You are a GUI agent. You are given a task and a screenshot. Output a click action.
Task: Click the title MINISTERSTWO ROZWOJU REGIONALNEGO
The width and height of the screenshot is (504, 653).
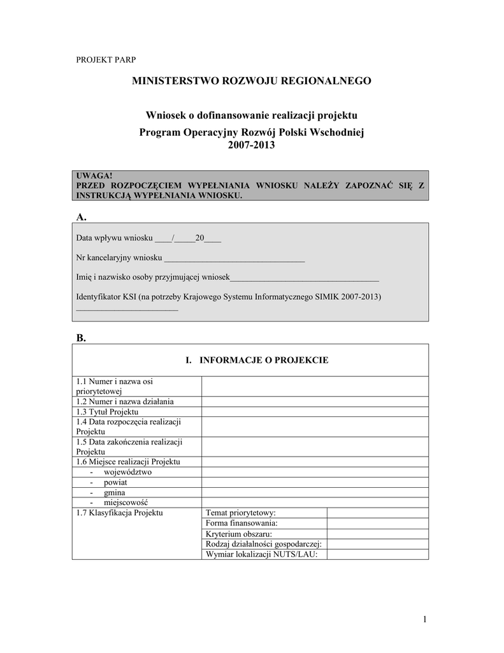coord(251,81)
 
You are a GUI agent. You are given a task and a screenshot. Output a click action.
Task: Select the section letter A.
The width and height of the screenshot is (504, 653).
coord(81,217)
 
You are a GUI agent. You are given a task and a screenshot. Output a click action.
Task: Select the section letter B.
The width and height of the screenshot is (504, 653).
coord(81,338)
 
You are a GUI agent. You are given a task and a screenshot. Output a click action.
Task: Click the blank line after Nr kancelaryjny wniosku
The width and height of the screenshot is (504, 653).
coord(234,258)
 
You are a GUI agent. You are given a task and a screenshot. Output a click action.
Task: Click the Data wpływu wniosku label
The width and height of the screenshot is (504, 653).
coord(115,238)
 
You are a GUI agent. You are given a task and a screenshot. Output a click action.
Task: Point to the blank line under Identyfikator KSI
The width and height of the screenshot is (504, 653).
coord(127,309)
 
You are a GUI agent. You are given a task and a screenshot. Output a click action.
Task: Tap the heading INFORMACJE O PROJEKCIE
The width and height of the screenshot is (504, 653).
coord(257,360)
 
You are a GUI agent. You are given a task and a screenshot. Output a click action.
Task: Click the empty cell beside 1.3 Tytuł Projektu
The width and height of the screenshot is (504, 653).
coord(315,412)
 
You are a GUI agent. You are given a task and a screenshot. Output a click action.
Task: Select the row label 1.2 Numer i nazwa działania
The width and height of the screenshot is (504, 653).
coord(125,402)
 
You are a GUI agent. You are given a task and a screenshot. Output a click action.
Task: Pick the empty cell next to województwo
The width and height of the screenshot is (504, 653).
coord(315,472)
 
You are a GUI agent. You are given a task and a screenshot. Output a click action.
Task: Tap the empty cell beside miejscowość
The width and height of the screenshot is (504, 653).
coord(315,503)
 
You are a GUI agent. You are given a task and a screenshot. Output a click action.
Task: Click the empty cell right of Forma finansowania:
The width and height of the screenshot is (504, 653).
coord(377,523)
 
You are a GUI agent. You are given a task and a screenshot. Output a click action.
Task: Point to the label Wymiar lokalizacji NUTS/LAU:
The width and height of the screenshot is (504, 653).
coord(261,554)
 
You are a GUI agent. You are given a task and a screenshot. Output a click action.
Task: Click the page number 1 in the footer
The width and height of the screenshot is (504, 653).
coord(424,620)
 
